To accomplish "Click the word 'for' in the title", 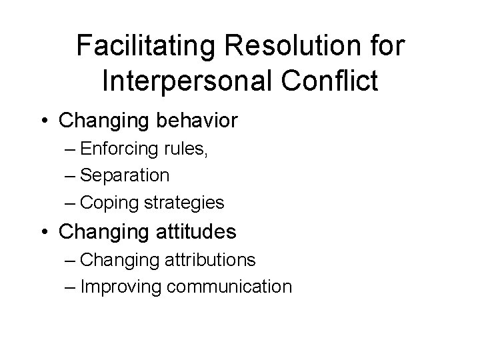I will [x=386, y=46].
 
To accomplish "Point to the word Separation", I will [x=125, y=176].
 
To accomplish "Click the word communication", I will [x=229, y=287].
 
